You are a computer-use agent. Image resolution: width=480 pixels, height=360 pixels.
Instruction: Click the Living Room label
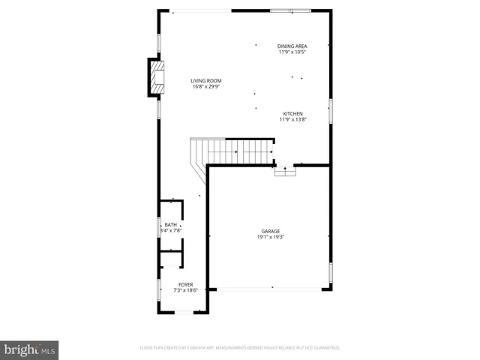coord(205,81)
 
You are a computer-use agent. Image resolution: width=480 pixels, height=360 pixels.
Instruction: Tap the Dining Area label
coord(292,46)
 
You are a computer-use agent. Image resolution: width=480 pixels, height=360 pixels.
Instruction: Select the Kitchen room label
coord(292,113)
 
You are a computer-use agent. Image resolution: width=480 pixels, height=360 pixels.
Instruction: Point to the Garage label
coord(271,231)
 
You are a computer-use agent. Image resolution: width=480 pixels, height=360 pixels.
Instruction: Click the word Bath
coord(171,225)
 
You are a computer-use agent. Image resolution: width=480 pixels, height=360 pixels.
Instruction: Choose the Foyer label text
coord(185,285)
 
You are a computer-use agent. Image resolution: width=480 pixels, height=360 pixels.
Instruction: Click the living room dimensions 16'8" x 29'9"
coord(205,87)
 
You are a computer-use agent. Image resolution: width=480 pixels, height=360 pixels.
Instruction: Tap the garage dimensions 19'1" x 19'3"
coord(271,237)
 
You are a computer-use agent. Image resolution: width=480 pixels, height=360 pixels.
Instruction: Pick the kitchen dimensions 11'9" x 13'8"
coord(292,119)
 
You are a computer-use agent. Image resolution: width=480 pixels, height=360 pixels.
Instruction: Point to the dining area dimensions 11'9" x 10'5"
coord(292,52)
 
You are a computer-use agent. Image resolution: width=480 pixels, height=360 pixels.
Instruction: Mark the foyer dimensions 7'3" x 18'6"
coord(185,291)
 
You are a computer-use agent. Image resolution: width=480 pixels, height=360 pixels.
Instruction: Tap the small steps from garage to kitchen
coord(285,172)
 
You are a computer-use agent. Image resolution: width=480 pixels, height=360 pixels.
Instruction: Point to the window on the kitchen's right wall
coord(331,112)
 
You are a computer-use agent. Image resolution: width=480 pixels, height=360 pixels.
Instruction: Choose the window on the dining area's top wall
coord(291,10)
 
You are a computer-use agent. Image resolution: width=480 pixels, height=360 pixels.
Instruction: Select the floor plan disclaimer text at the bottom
coord(240,348)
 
